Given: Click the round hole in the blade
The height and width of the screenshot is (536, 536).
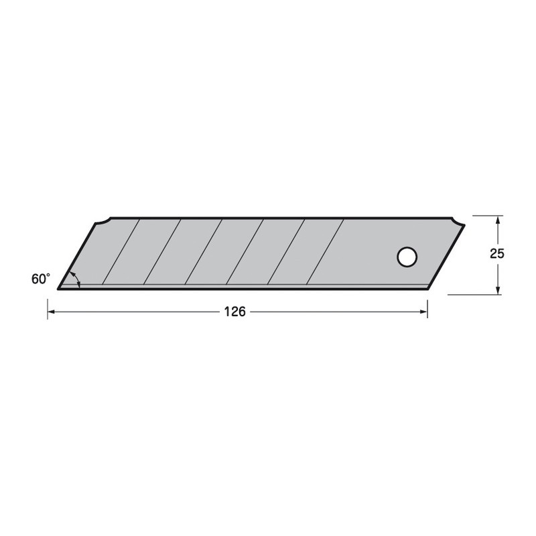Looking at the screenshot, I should pos(406,257).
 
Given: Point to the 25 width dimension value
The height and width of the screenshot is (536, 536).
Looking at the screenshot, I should pos(496,254).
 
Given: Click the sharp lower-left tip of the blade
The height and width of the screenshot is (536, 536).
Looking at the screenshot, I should pos(59,289).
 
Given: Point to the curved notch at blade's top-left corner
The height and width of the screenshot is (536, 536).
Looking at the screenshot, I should pos(102,222).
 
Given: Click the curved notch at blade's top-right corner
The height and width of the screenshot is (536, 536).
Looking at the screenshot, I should pos(456,223).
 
